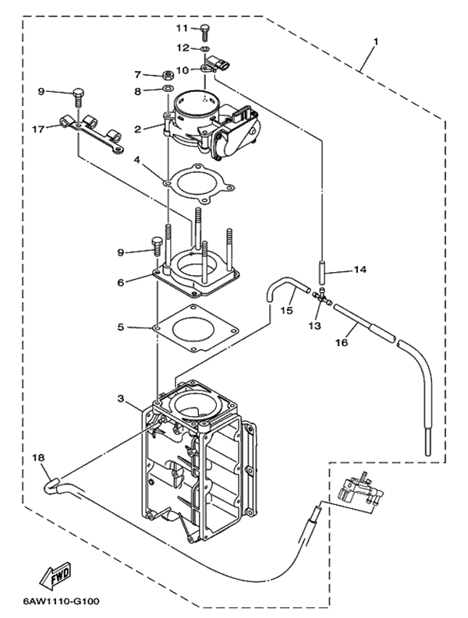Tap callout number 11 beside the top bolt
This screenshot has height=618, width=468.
(x=182, y=28)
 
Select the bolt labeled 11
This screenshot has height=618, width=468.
(x=205, y=31)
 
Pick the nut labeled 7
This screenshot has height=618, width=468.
(x=166, y=76)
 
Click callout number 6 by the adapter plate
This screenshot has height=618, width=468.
(x=121, y=282)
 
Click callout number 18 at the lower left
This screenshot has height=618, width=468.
(x=39, y=458)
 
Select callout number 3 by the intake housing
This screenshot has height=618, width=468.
(x=121, y=398)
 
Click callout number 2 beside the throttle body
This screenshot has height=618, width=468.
(x=136, y=129)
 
